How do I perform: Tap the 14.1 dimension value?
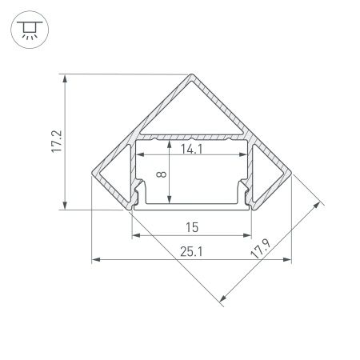pyautogui.click(x=190, y=149)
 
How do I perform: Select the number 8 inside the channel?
pyautogui.click(x=162, y=174)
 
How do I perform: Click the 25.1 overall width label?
pyautogui.click(x=190, y=252)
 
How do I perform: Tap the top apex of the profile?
pyautogui.click(x=192, y=76)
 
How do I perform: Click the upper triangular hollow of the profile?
pyautogui.click(x=192, y=108)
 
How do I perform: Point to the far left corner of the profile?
pyautogui.click(x=93, y=178)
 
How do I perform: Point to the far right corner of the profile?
pyautogui.click(x=290, y=178)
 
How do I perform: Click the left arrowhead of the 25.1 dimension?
pyautogui.click(x=95, y=260)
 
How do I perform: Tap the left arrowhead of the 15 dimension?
pyautogui.click(x=134, y=236)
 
